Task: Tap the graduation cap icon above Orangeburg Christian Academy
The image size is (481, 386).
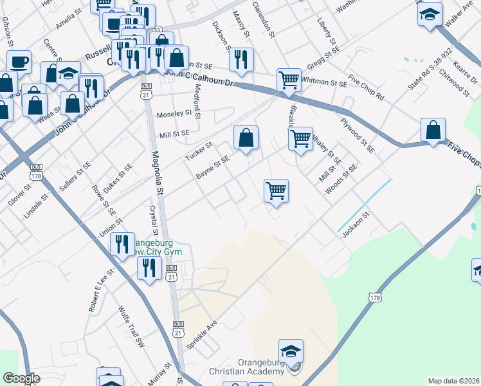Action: click(x=291, y=351)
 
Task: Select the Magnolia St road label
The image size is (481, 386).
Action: click(x=156, y=175)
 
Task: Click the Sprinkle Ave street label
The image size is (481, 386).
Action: click(x=202, y=335)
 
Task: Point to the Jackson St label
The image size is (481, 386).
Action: click(x=357, y=226)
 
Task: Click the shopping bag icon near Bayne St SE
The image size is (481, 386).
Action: click(x=246, y=138)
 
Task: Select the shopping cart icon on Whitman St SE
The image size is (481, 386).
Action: click(x=289, y=80)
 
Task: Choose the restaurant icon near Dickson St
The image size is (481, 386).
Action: click(x=241, y=60)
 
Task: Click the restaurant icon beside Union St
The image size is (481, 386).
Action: click(x=122, y=244)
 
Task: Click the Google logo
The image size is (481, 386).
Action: click(x=21, y=378)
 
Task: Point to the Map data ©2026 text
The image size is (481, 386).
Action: click(x=454, y=380)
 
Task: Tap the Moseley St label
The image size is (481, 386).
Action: click(x=175, y=113)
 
